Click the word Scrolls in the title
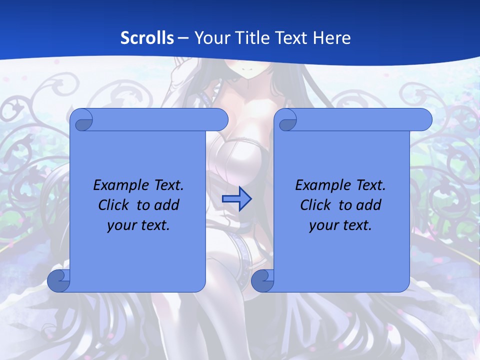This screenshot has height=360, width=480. [147, 38]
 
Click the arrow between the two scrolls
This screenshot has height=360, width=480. [236, 199]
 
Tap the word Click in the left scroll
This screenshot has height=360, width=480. [114, 205]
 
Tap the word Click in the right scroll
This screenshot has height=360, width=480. [316, 205]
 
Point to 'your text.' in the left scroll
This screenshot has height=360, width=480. [138, 225]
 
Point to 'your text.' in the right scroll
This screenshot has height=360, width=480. [340, 225]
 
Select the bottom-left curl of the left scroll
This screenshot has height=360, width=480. [59, 281]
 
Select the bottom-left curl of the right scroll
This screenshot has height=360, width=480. [262, 281]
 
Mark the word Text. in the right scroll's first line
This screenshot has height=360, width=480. [370, 185]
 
